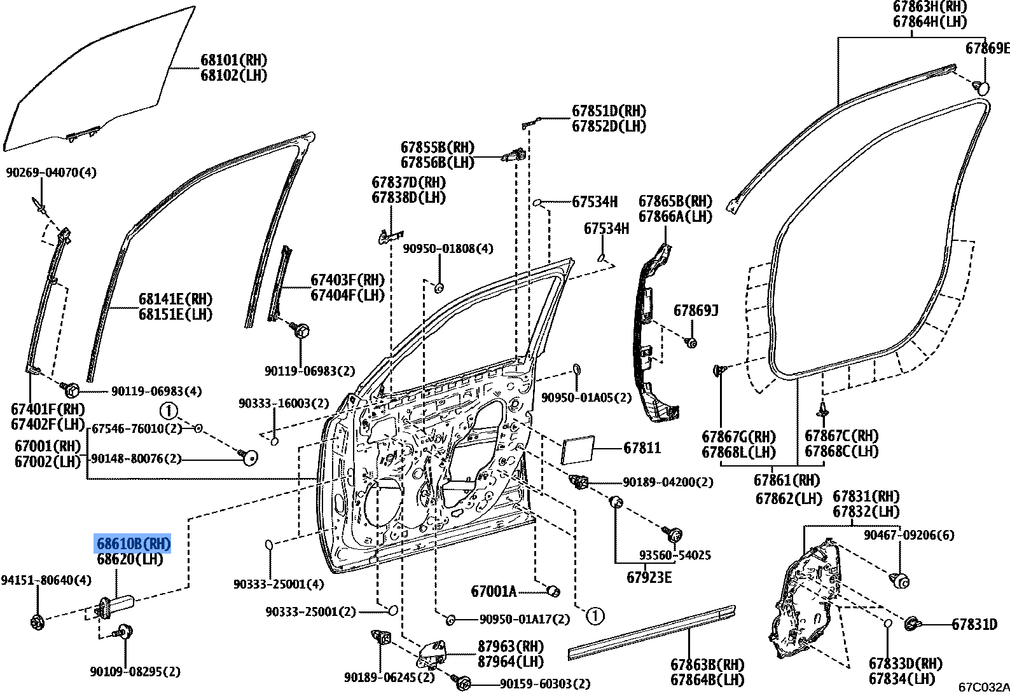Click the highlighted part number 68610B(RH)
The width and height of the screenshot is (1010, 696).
(x=134, y=544)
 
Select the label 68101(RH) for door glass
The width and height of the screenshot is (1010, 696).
(x=233, y=60)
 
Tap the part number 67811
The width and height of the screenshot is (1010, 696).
(x=642, y=448)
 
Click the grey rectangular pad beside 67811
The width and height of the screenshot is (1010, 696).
(x=578, y=451)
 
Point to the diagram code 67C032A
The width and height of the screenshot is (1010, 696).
(x=983, y=687)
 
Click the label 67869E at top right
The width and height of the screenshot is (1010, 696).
(x=987, y=48)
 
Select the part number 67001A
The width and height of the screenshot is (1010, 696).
(x=494, y=592)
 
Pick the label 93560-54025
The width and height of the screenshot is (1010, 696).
(x=675, y=556)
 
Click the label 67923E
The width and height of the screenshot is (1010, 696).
(x=649, y=577)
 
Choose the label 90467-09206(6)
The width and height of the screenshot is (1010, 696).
(x=909, y=535)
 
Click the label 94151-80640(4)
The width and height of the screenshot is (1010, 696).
(x=46, y=580)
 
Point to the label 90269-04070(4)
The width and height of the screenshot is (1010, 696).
(x=52, y=172)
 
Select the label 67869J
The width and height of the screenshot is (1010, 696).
(x=696, y=311)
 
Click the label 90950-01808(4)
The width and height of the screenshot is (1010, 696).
(x=448, y=249)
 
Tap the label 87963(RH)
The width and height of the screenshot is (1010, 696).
(x=511, y=646)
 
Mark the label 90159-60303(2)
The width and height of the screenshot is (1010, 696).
(x=545, y=684)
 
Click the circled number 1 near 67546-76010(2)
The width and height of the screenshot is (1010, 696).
(x=169, y=411)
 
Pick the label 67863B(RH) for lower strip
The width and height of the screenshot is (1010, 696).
(x=707, y=665)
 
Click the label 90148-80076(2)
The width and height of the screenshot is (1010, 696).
(x=136, y=459)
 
